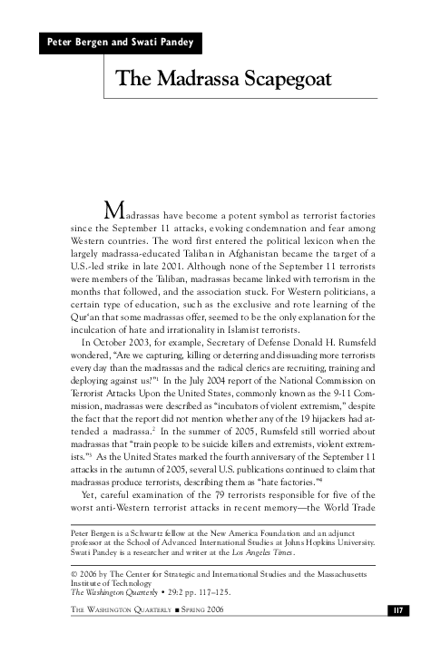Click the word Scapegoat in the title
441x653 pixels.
(288, 78)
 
